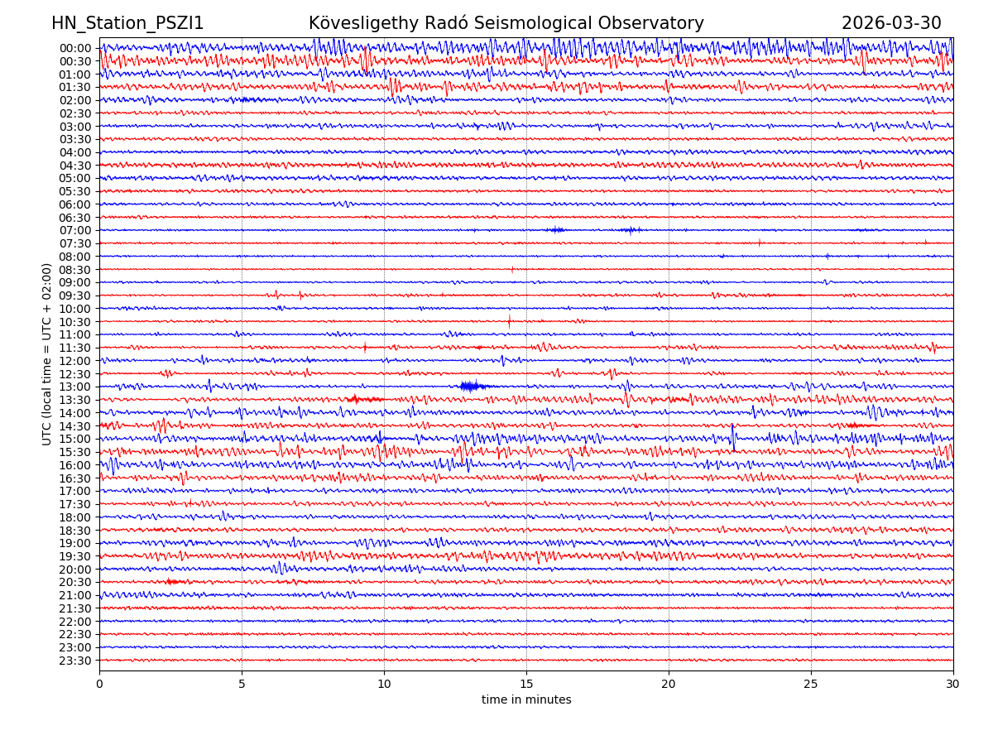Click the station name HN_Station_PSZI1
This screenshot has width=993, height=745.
click(127, 23)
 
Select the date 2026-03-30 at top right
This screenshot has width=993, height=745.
click(891, 23)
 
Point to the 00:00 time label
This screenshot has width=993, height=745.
click(75, 48)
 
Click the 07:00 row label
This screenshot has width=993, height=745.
click(75, 230)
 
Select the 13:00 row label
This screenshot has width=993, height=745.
click(75, 387)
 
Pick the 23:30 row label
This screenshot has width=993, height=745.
click(75, 661)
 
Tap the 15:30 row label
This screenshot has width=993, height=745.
click(75, 452)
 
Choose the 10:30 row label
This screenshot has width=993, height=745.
click(75, 322)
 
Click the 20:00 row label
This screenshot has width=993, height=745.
click(75, 570)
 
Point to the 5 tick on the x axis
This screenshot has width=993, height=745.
click(242, 685)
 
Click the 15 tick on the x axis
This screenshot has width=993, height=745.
click(526, 685)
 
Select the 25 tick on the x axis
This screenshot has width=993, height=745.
click(811, 685)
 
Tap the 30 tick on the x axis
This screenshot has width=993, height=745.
click(953, 685)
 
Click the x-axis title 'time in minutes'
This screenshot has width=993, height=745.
click(526, 700)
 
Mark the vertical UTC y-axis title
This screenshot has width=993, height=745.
click(47, 354)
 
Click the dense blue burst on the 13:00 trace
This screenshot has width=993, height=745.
click(473, 386)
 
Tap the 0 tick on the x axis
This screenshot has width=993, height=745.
click(99, 685)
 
